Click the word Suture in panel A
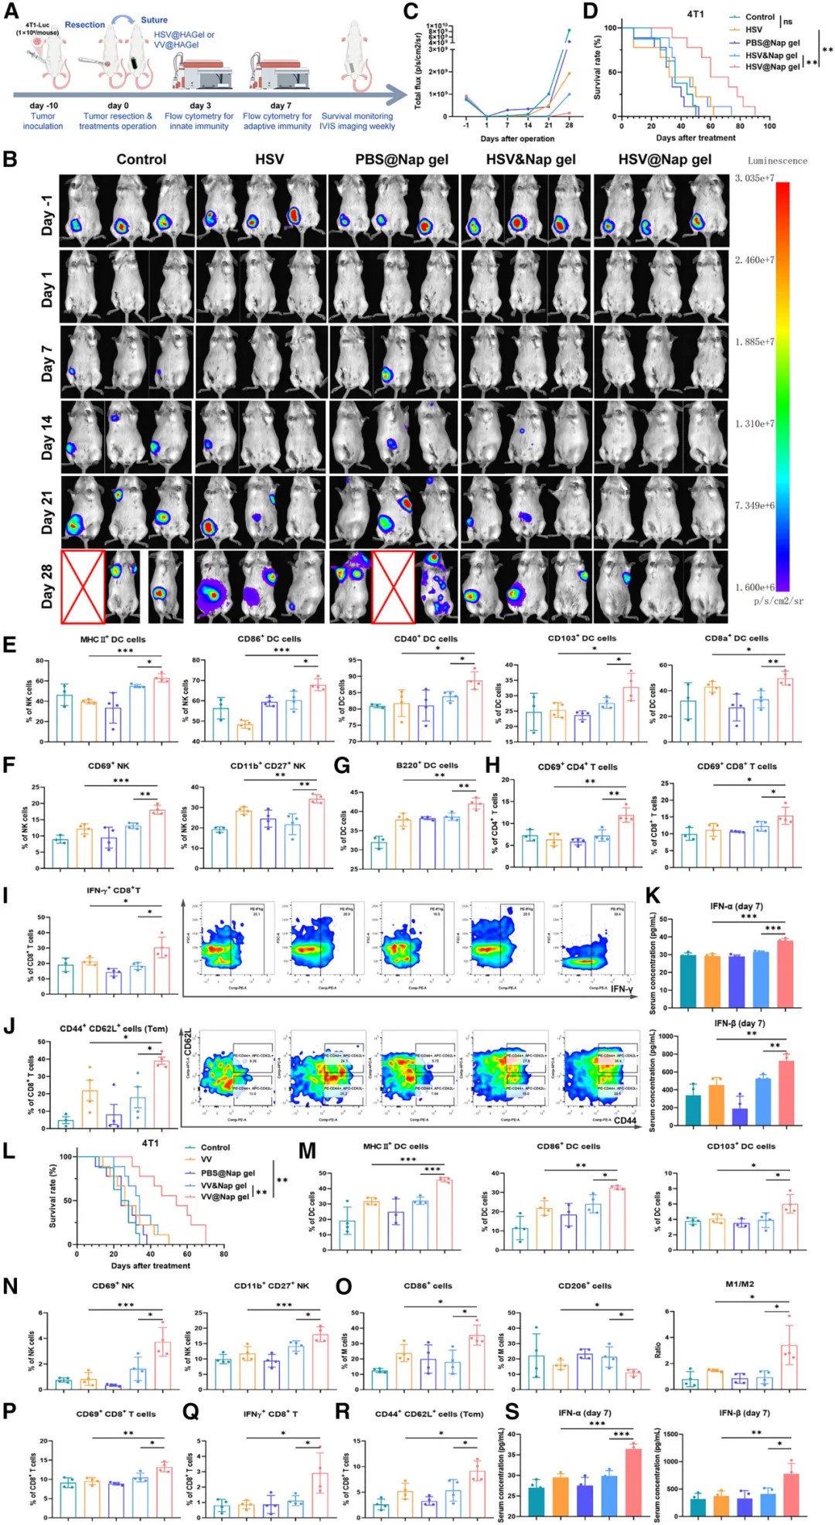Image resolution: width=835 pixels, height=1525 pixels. (154, 20)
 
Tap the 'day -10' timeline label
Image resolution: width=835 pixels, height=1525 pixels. (43, 105)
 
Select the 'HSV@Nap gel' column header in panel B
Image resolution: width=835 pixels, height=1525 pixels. (664, 159)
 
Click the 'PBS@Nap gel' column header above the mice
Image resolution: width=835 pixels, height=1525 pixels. (401, 159)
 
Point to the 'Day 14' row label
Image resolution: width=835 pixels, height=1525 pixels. (47, 437)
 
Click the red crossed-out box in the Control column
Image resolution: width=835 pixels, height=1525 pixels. (83, 586)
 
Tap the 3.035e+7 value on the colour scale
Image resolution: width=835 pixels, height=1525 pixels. (754, 179)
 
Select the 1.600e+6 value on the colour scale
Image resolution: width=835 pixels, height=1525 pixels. (754, 587)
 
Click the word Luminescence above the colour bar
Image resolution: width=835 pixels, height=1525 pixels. (776, 161)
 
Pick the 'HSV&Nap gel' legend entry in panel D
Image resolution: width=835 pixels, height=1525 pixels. (771, 55)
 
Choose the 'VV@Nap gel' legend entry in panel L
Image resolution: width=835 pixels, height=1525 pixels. (224, 1197)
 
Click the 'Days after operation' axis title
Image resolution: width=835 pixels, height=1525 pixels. (516, 139)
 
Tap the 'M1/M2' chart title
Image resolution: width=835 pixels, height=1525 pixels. (739, 1284)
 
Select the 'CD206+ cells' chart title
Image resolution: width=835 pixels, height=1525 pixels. (584, 1286)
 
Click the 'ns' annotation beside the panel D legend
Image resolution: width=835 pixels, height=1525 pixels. (788, 22)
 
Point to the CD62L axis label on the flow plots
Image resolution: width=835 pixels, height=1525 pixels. (189, 1043)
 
